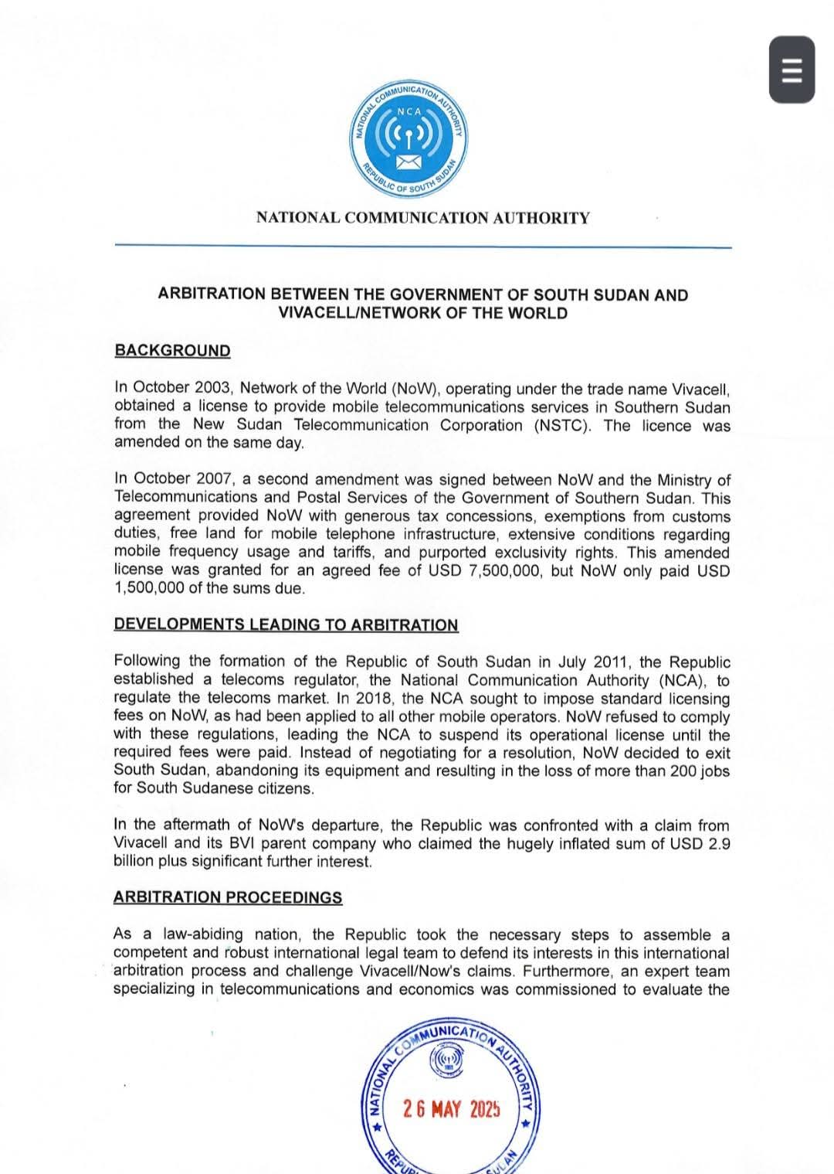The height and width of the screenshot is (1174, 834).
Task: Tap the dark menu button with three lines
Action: [x=792, y=70]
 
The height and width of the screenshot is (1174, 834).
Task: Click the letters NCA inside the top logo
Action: [x=409, y=111]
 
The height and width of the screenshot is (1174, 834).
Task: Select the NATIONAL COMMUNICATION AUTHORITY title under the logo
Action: [x=422, y=218]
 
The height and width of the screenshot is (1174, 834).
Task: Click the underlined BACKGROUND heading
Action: [x=172, y=351]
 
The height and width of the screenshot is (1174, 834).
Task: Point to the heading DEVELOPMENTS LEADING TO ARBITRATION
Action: [x=286, y=625]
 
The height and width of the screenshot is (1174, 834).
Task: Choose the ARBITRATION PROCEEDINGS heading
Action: [x=228, y=897]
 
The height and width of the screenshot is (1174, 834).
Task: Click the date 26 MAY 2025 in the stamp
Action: [x=451, y=1109]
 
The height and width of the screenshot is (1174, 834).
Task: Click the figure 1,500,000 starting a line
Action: [x=153, y=589]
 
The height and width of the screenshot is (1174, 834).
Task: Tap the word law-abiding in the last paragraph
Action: [x=203, y=935]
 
